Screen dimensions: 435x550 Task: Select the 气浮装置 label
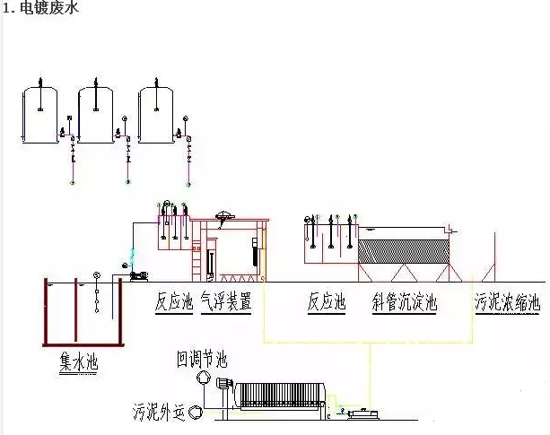(226, 301)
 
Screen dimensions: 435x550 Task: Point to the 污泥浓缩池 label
(508, 301)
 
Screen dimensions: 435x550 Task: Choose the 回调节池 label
(202, 360)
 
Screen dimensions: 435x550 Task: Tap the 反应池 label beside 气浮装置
(173, 301)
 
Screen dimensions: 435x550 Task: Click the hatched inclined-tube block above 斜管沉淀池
(403, 248)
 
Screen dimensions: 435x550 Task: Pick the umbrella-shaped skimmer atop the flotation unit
(224, 216)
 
